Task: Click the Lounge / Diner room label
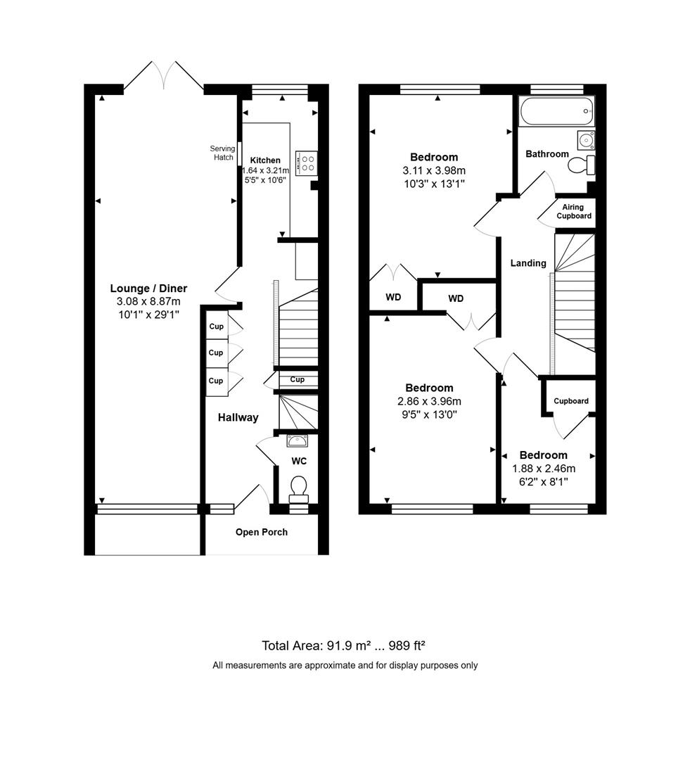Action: (148, 289)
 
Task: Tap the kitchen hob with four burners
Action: (307, 164)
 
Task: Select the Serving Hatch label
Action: (223, 153)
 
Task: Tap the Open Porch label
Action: (261, 532)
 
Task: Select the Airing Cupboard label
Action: (574, 211)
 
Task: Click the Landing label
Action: (528, 263)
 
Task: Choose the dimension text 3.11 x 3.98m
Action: (434, 170)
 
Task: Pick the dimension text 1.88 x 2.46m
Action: (544, 469)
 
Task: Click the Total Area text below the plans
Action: (345, 645)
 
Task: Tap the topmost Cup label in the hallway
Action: (216, 327)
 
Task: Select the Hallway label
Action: (238, 417)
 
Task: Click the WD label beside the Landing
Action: (456, 298)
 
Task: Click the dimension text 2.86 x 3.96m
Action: (429, 401)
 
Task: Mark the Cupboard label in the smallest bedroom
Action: (570, 401)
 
